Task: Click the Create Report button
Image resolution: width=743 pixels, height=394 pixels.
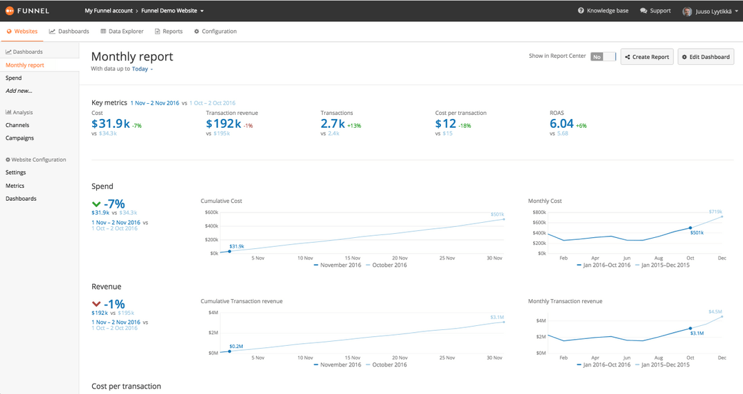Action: (647, 56)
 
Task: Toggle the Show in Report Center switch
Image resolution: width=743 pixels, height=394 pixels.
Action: (603, 56)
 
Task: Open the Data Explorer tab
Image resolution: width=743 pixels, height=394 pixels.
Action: (122, 32)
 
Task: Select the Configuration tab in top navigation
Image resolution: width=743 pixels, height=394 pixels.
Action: (215, 32)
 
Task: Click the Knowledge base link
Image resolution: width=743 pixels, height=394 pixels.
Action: (603, 11)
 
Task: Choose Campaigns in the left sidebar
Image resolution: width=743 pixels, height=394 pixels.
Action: (19, 138)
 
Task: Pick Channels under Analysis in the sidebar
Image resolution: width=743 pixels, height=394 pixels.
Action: (17, 125)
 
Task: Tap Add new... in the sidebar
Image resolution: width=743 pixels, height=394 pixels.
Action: (19, 91)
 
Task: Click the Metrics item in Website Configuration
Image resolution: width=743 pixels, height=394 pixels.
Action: (14, 186)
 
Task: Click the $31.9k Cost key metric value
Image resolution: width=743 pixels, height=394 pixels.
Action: (110, 124)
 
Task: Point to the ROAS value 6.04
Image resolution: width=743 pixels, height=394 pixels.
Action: (561, 124)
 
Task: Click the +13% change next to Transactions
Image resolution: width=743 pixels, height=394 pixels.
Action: (354, 126)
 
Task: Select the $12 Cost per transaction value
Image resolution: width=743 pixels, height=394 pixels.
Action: (445, 124)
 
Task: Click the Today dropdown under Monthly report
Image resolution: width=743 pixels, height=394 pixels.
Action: (142, 69)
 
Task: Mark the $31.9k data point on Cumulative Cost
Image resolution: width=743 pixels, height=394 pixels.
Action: (229, 251)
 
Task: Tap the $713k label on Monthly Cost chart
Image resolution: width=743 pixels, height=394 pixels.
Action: (715, 212)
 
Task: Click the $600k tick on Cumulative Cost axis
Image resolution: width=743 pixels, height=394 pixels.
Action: (211, 212)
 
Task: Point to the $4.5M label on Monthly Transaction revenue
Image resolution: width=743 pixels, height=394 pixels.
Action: (715, 311)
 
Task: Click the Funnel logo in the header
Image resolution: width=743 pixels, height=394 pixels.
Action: (28, 11)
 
